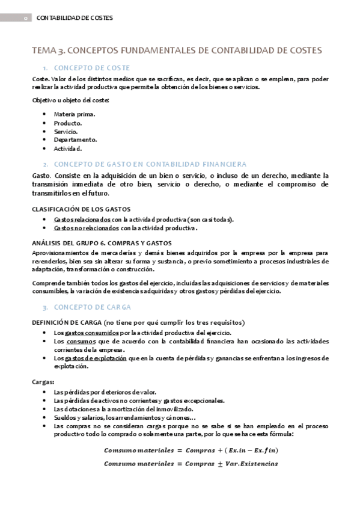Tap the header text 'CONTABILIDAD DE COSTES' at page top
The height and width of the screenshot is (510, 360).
[75, 19]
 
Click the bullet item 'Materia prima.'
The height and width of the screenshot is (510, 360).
[73, 114]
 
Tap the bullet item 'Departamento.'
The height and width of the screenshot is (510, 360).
[75, 140]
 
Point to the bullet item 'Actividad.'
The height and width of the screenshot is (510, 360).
[67, 149]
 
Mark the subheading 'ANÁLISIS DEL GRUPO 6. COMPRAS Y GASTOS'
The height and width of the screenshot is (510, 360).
[102, 242]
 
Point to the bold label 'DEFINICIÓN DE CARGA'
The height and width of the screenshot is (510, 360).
[66, 322]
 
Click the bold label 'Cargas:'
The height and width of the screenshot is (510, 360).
[43, 381]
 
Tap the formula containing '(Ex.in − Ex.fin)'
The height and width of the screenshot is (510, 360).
[191, 450]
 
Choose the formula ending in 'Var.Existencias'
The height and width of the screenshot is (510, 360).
[191, 464]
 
